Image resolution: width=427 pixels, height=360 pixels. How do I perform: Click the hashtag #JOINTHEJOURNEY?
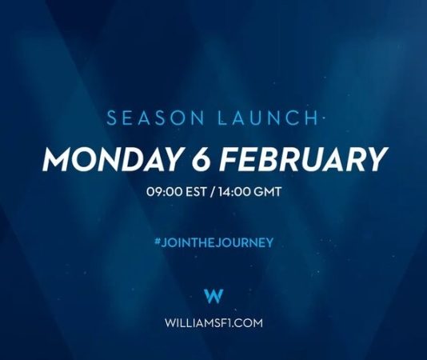pyautogui.click(x=213, y=241)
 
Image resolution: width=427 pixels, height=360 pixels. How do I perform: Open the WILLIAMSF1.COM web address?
pyautogui.click(x=213, y=324)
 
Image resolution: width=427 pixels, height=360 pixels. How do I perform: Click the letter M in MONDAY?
pyautogui.click(x=60, y=159)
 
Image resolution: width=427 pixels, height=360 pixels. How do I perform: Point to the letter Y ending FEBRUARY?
pyautogui.click(x=373, y=159)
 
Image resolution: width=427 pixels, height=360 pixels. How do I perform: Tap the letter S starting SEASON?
pyautogui.click(x=112, y=118)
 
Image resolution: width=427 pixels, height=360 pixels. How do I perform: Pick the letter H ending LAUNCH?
pyautogui.click(x=312, y=118)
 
